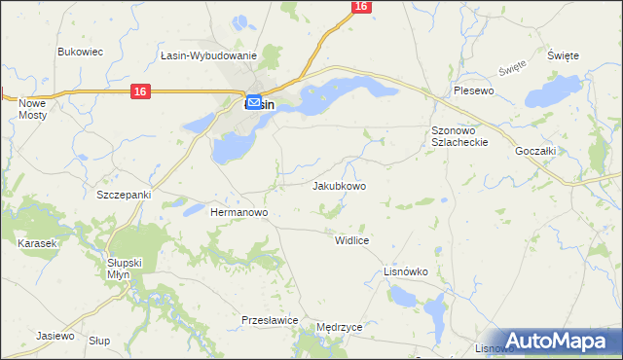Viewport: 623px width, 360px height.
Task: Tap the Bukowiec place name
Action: tap(81, 52)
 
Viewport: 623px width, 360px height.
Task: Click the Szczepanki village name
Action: tap(124, 195)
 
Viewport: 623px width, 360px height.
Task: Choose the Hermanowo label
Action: tap(239, 211)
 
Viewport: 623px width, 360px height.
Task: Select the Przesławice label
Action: tap(269, 319)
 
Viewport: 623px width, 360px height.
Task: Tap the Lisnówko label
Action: tap(406, 272)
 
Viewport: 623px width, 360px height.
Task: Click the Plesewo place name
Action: tap(475, 90)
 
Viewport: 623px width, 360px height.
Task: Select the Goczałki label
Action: tap(535, 140)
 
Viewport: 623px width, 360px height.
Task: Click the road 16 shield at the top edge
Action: tap(361, 7)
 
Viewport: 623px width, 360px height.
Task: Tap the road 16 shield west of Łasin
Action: tap(140, 91)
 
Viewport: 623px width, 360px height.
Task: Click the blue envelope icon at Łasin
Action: tap(253, 102)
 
